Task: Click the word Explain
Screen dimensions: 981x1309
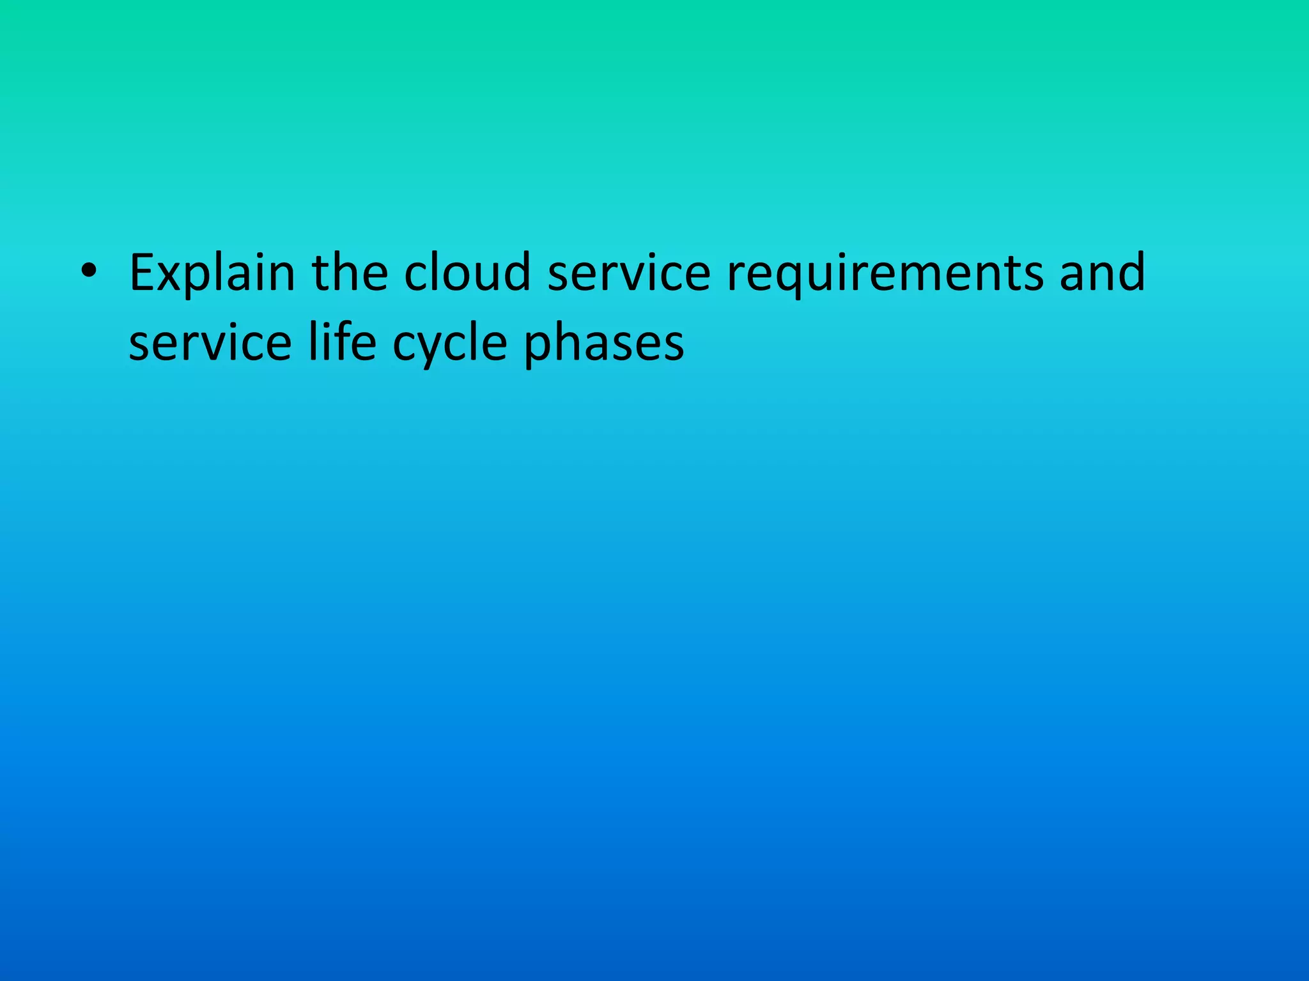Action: click(x=212, y=273)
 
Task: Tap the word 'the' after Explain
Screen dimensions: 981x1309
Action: click(x=350, y=272)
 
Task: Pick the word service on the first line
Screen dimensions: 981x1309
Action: click(x=629, y=273)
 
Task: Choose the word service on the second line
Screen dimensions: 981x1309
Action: click(x=210, y=344)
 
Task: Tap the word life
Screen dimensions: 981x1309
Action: click(x=342, y=342)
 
